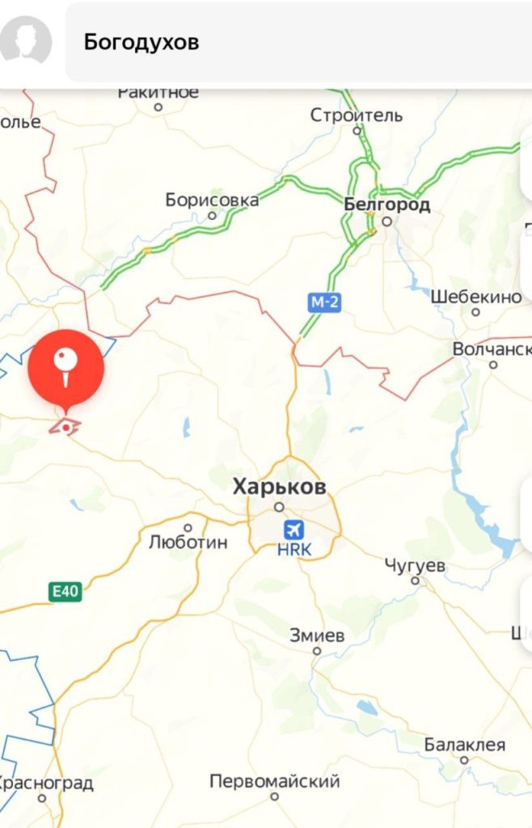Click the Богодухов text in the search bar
coord(141,42)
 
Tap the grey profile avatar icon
coord(26,40)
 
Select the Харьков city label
coord(280,487)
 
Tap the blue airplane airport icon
coord(294,531)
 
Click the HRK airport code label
coord(294,550)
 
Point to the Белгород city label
coord(387,205)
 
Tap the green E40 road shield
coord(65,592)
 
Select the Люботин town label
coord(188,542)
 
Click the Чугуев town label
coord(415,565)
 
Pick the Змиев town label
coord(317,636)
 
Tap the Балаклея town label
coord(465,745)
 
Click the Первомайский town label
coord(275,782)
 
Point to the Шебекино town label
coord(476,297)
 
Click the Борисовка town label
coord(212,200)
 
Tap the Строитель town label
coord(357,116)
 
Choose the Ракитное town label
coord(158,92)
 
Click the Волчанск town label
coord(492,349)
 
